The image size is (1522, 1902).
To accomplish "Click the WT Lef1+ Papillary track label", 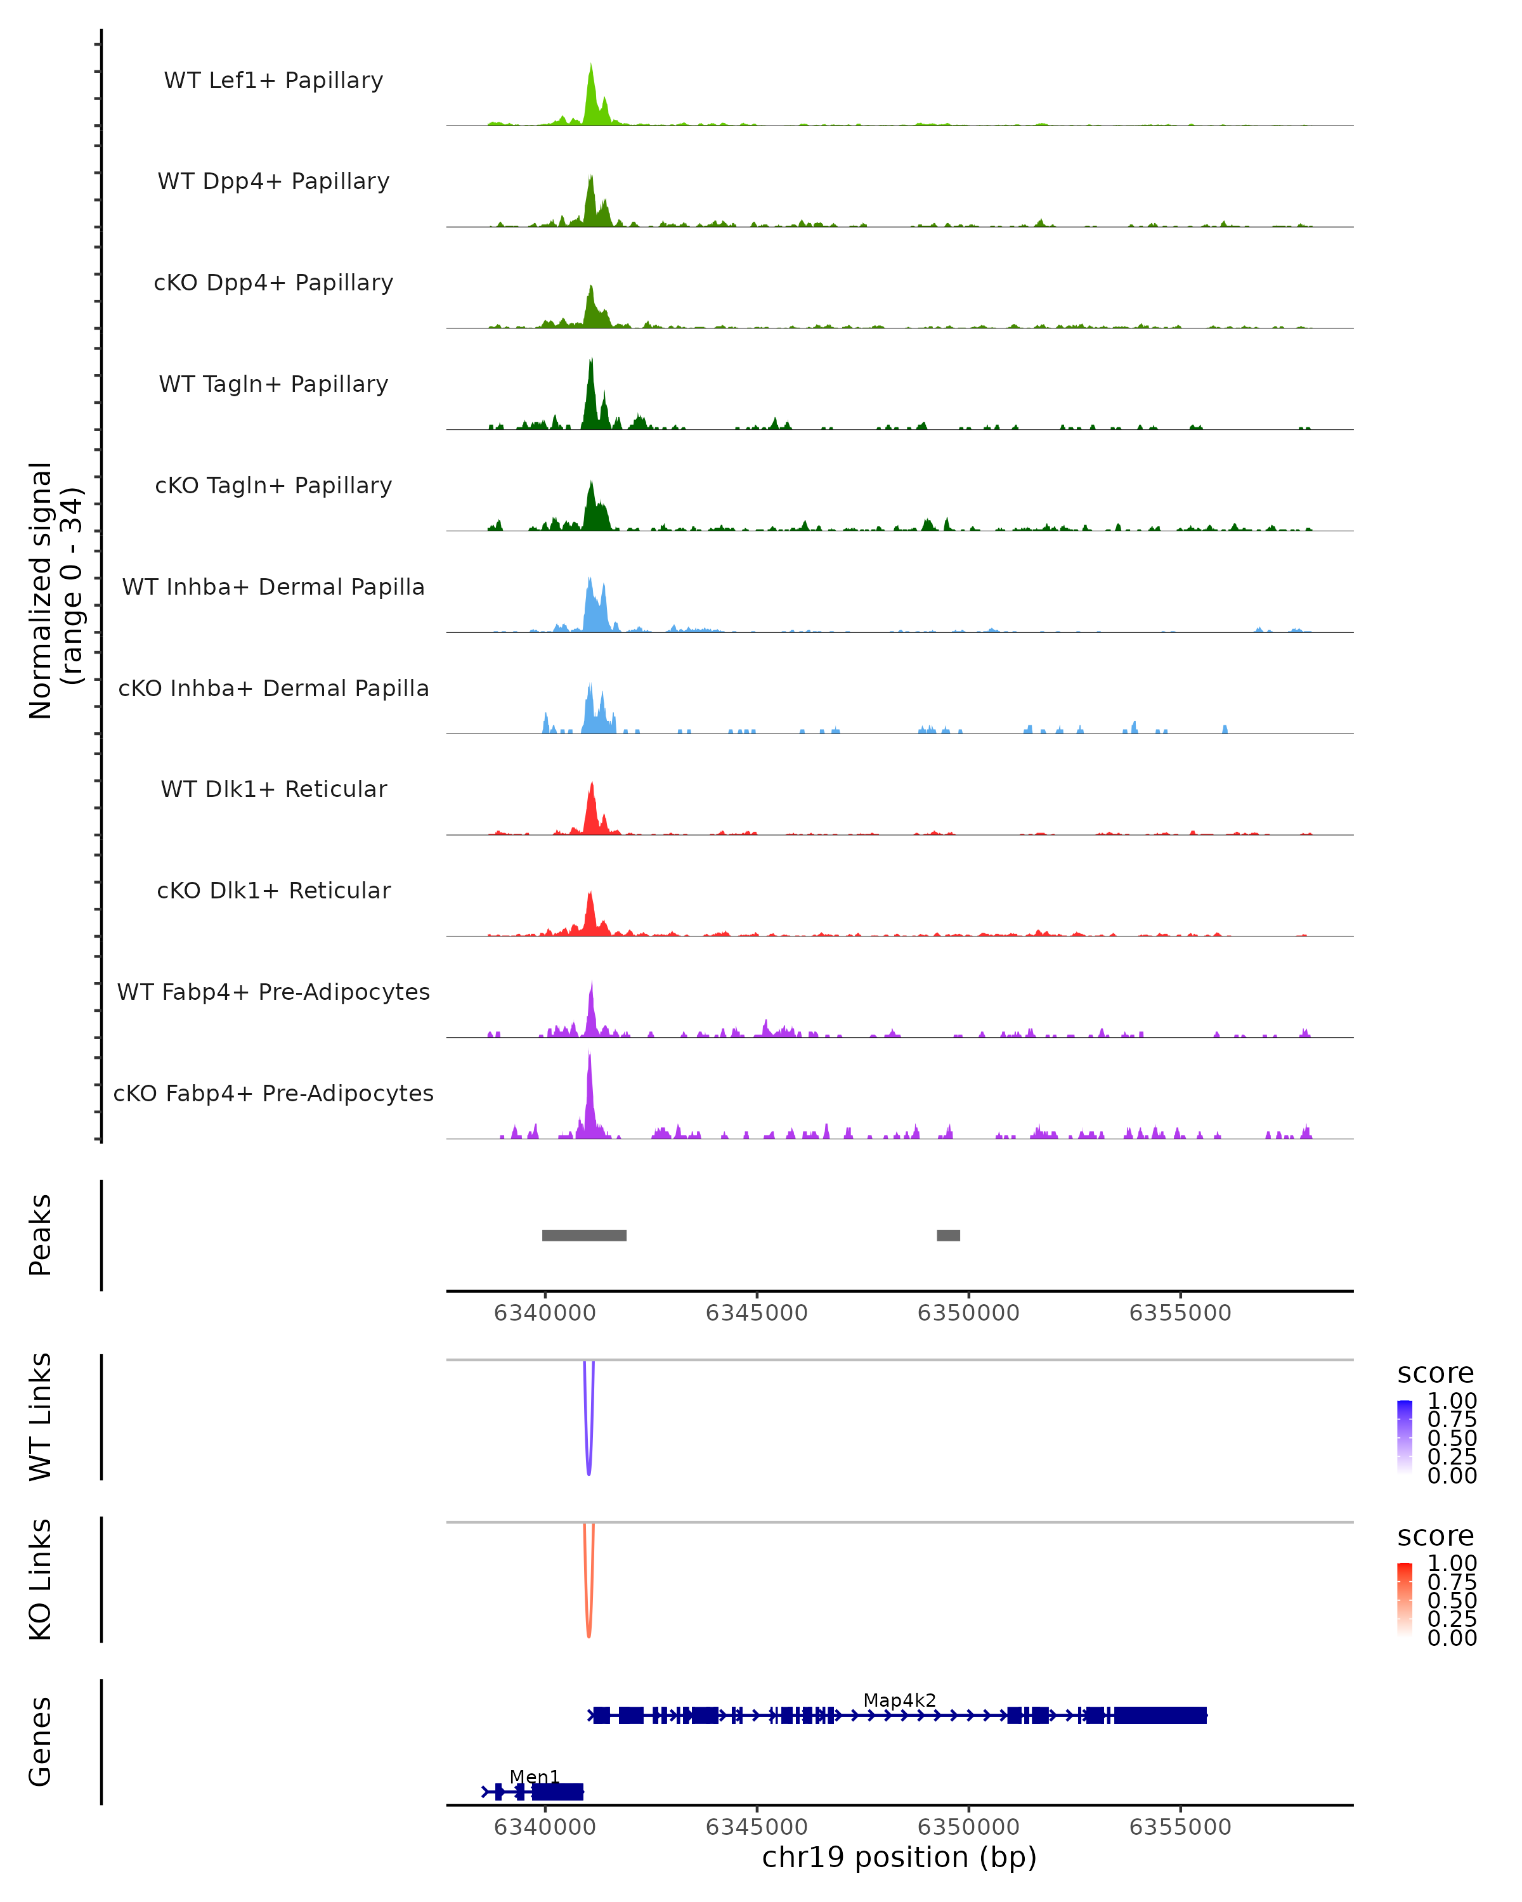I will click(273, 81).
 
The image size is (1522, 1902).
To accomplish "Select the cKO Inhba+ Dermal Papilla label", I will click(273, 688).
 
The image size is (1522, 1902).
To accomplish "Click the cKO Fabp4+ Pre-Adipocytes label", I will click(273, 1093).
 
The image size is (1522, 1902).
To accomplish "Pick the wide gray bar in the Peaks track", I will click(584, 1235).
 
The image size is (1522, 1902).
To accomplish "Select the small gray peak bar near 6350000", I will click(949, 1235).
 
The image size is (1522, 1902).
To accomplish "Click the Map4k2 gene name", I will click(899, 1700).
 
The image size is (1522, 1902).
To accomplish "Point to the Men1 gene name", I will click(534, 1776).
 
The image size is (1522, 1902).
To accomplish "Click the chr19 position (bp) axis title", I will click(899, 1857).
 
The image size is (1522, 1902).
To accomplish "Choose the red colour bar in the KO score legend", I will click(1405, 1600).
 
